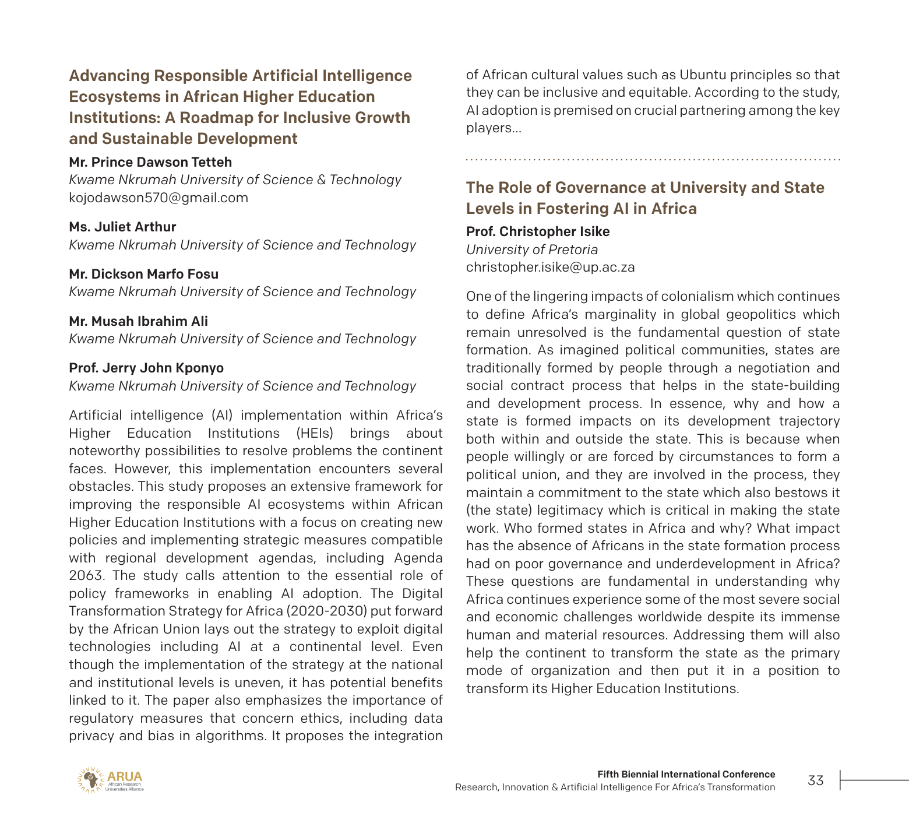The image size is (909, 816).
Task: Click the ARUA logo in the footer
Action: click(x=110, y=780)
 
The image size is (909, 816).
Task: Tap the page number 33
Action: click(x=815, y=780)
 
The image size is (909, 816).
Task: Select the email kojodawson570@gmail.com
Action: click(x=158, y=198)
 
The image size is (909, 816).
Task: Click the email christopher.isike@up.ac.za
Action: click(x=550, y=268)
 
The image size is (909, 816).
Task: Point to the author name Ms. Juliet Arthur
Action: click(x=122, y=227)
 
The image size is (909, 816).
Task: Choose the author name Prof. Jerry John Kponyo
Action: click(x=146, y=368)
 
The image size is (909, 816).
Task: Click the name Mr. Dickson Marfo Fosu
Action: click(x=144, y=274)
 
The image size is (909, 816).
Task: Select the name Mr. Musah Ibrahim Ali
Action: click(x=138, y=321)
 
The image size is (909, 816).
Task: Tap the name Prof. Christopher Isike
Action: click(x=537, y=231)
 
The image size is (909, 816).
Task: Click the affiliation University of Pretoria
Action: click(x=531, y=249)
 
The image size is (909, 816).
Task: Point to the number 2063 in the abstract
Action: click(x=86, y=575)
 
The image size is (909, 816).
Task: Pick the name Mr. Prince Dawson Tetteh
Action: click(x=150, y=162)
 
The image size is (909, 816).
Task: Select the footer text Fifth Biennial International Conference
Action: click(x=686, y=774)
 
